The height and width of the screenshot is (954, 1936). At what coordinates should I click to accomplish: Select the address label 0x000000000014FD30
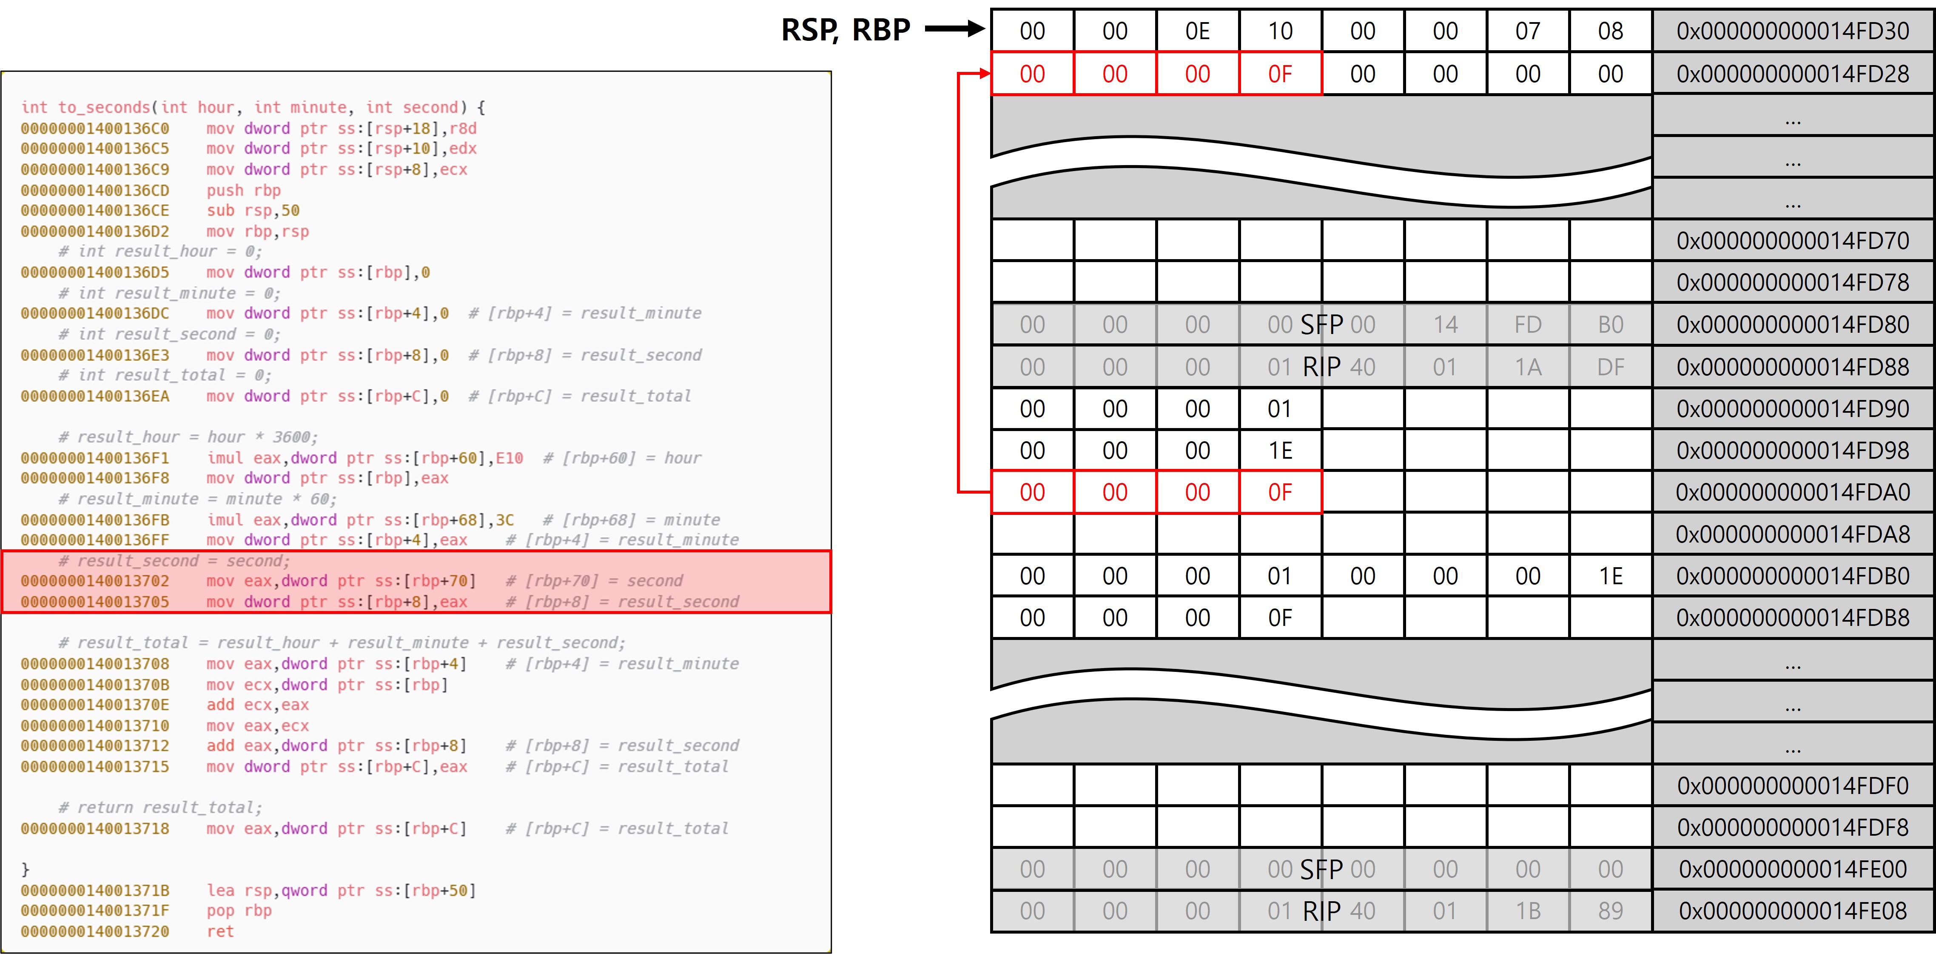[1792, 31]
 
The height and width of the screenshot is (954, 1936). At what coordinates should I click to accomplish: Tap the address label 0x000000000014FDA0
[1792, 492]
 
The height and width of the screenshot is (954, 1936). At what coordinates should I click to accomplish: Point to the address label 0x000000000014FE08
[1792, 911]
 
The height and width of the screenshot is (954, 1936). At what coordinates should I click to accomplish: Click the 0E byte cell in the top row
[1197, 31]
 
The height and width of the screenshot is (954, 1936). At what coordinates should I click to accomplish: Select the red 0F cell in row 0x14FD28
[1280, 74]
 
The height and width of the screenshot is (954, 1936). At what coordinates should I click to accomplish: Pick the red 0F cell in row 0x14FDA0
[1280, 492]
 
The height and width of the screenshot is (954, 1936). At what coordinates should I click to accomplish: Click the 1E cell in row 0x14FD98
[1280, 450]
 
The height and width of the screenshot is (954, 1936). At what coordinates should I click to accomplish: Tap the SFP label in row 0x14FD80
[1321, 325]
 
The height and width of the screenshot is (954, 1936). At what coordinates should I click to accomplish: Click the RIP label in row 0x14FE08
[1321, 911]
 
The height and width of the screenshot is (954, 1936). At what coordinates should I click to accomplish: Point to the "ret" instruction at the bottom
[220, 931]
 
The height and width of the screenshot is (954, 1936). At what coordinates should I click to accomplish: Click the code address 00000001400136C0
[95, 129]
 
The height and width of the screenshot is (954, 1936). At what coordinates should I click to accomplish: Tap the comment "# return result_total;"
[160, 807]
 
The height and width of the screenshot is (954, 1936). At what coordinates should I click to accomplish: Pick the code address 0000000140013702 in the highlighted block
[95, 581]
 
